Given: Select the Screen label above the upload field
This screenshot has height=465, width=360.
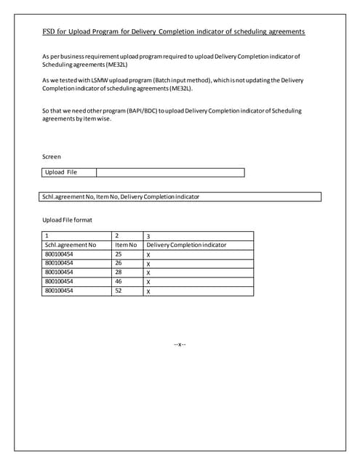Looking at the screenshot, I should (51, 156).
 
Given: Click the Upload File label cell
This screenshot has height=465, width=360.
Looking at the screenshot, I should (61, 172).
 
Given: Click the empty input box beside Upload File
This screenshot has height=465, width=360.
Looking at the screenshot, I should (170, 172).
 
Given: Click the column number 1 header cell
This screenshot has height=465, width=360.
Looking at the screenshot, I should (47, 236).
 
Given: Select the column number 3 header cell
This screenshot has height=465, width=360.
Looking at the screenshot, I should (148, 236).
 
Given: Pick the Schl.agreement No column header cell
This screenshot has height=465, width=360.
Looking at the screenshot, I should (70, 246).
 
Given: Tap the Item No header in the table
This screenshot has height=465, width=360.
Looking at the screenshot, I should (126, 246).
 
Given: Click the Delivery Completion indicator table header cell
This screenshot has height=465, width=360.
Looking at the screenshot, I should (186, 246).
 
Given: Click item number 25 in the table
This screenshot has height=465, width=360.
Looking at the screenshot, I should (119, 255).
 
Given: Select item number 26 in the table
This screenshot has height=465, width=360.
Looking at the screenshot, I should (119, 264).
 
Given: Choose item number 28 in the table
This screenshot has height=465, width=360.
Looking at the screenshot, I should (119, 272).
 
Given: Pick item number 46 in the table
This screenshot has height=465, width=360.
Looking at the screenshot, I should (119, 281).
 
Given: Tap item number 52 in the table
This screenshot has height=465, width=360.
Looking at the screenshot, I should (119, 291).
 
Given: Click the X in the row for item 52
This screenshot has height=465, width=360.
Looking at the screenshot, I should (148, 291).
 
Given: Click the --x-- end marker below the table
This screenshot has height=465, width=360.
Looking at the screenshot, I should (180, 343).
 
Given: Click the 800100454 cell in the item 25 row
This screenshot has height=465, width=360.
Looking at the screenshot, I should (59, 255).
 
